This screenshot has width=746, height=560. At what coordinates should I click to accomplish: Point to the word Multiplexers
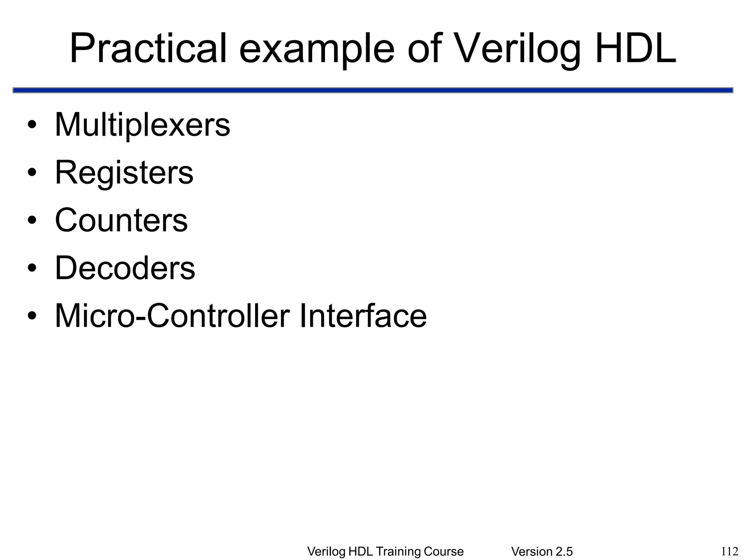coord(142,125)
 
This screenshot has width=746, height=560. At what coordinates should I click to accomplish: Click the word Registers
coord(124,173)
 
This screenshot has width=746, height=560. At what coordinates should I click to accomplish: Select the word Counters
coord(121,220)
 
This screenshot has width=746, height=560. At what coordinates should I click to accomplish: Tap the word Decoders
coord(125,268)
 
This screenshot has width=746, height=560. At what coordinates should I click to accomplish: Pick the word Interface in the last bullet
coord(363,316)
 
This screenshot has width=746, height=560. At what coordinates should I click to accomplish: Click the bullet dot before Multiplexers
coord(32,126)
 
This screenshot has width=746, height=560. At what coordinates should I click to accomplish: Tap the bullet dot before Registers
coord(32,173)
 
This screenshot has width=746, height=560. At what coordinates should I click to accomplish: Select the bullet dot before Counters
coord(32,221)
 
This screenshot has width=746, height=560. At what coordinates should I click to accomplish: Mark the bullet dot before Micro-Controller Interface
coord(32,316)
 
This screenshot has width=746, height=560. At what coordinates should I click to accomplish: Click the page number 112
coord(730,551)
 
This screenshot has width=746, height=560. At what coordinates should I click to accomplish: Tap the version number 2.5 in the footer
coord(563,552)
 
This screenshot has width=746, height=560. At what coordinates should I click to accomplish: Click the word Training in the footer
coord(397,552)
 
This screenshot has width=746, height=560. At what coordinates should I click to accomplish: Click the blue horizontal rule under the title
coord(373,90)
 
